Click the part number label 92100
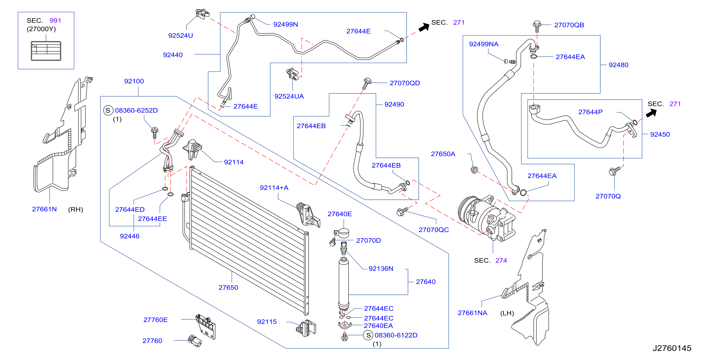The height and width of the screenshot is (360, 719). point(134,81)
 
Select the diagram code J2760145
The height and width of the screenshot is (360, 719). point(672,348)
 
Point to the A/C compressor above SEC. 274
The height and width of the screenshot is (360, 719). point(487,218)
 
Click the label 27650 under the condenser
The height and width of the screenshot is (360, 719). point(228,287)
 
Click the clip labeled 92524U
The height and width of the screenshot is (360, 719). point(202,14)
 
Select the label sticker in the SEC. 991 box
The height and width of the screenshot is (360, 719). point(46,51)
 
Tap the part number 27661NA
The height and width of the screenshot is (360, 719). point(472,313)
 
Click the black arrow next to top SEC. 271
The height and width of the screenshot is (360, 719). point(424,27)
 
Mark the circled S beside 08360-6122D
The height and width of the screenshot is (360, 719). point(368,335)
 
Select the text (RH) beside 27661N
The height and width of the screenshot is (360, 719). point(76,209)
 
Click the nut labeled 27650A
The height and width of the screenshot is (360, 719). point(474,169)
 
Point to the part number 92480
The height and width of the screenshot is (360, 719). point(618,65)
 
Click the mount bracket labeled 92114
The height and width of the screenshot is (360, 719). point(192,149)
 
